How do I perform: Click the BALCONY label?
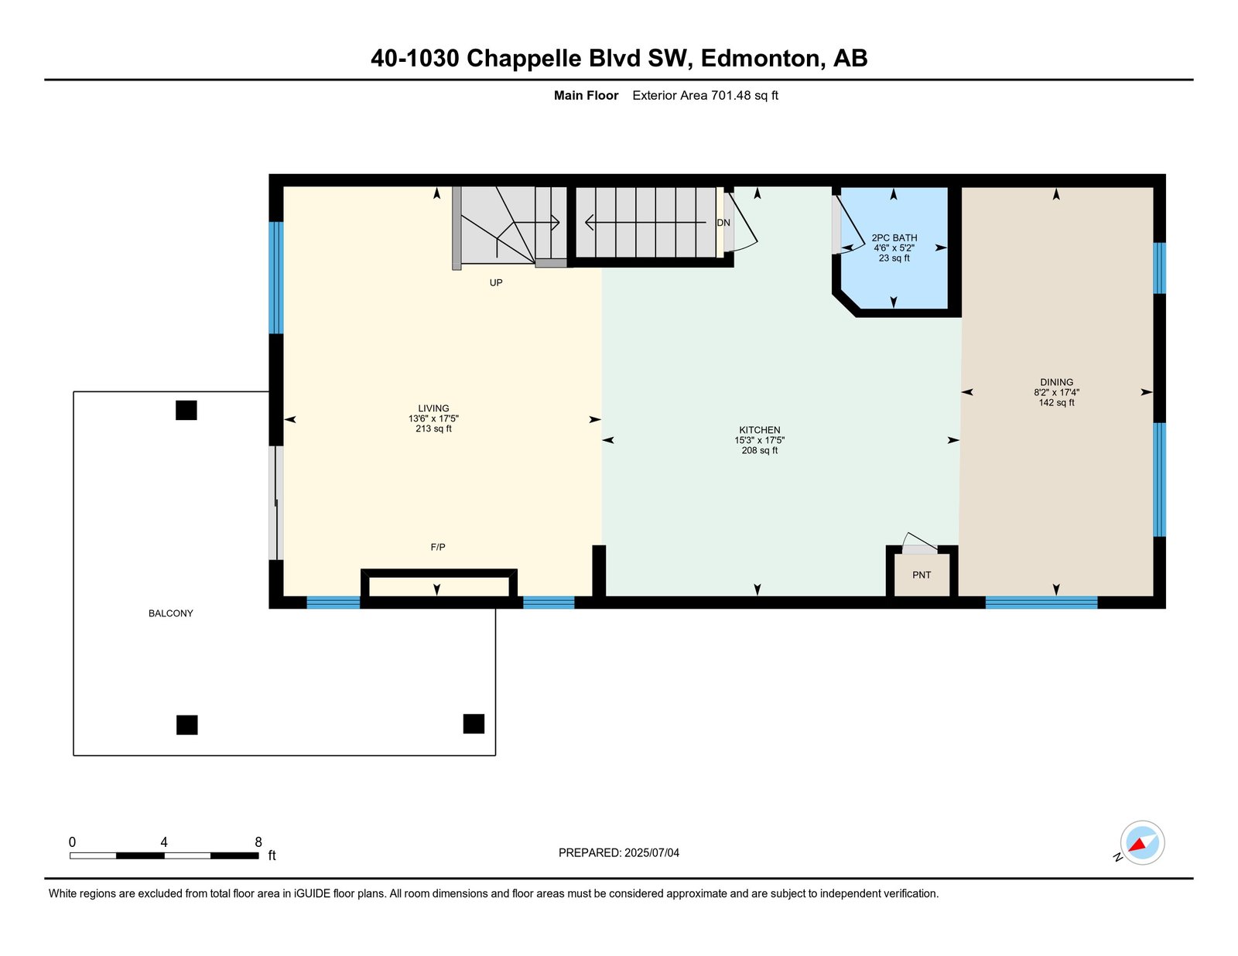tap(170, 613)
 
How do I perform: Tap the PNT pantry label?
tap(922, 575)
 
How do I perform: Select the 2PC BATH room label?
tap(894, 238)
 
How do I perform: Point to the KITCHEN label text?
tap(760, 430)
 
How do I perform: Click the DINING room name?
tap(1056, 382)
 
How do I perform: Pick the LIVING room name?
tap(433, 408)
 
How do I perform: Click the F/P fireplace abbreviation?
tap(437, 547)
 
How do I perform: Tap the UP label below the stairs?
tap(496, 282)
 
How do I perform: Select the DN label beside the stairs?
tap(723, 223)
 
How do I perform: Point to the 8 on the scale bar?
tap(258, 842)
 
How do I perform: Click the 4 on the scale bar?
tap(164, 842)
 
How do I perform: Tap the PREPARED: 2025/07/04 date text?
tap(619, 852)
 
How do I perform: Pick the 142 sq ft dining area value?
tap(1056, 402)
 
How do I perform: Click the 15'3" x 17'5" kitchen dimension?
tap(760, 440)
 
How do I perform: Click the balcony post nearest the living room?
tap(186, 410)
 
